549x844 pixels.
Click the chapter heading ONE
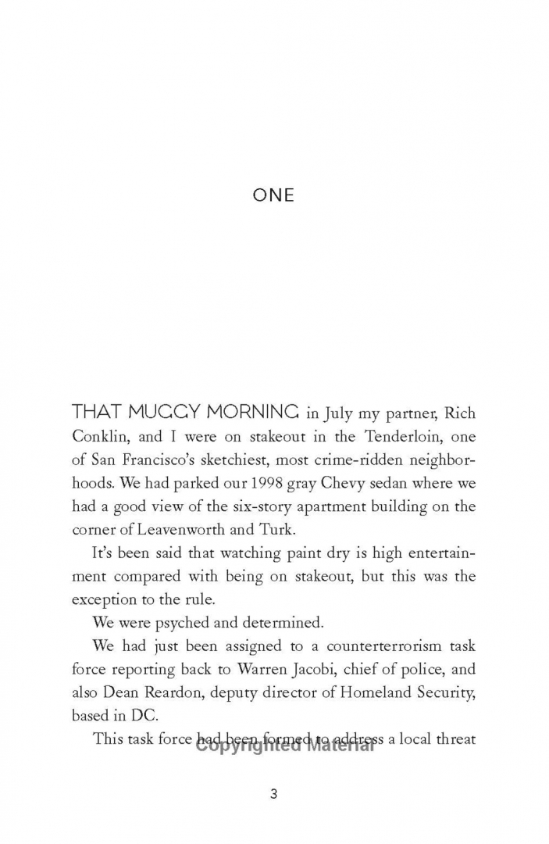click(x=273, y=195)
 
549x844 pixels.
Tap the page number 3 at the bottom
click(x=273, y=795)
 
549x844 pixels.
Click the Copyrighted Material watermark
click(x=285, y=745)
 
